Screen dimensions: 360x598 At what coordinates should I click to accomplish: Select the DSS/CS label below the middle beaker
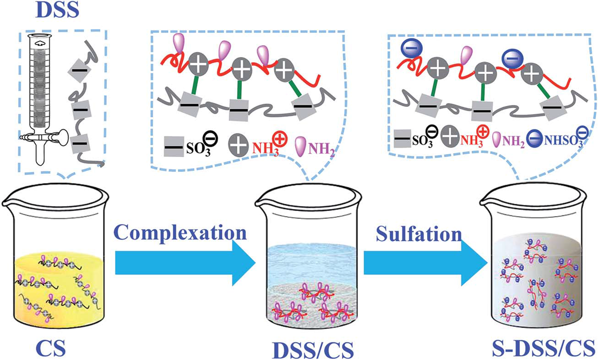312,348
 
